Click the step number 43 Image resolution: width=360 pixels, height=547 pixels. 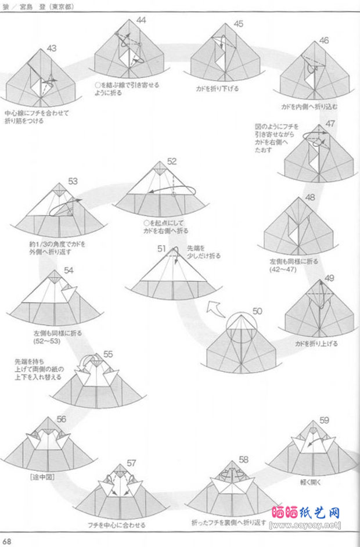tap(52, 48)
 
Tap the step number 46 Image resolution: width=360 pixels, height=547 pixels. tap(323, 40)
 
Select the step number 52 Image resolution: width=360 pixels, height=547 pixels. tap(172, 161)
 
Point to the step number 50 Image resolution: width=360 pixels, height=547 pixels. tap(257, 312)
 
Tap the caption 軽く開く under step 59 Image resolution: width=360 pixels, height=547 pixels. tap(311, 481)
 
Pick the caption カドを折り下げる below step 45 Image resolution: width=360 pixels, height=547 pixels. tap(217, 89)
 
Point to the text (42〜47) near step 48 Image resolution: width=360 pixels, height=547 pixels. tap(283, 269)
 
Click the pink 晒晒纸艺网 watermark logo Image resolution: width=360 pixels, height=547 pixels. tap(305, 513)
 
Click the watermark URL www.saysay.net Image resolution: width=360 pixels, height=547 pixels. tap(305, 525)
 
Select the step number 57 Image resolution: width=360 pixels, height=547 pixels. tap(131, 463)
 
